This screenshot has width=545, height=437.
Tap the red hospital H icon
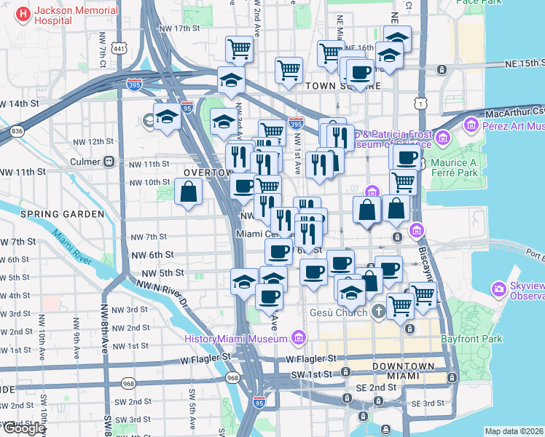23,13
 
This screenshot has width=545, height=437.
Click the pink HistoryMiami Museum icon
297,338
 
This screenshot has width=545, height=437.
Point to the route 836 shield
17,130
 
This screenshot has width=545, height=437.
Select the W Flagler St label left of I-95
200,357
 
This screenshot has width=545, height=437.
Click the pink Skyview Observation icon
500,288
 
